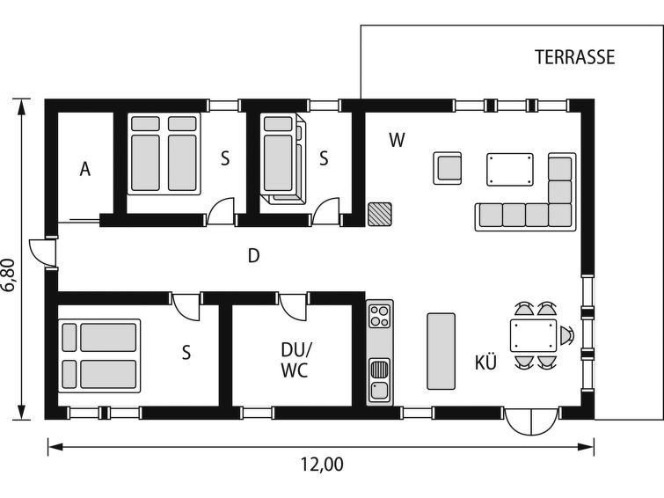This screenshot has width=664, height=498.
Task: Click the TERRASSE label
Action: click(574, 57)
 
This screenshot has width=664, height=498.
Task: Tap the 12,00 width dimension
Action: click(322, 465)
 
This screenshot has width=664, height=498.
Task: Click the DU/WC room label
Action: click(296, 360)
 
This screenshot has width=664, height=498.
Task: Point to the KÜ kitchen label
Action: click(485, 363)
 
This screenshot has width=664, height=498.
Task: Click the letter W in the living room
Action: click(397, 140)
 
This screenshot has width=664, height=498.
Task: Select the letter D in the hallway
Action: click(253, 256)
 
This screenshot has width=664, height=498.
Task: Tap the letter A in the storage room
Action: click(85, 169)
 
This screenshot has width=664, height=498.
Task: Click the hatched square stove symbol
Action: click(379, 215)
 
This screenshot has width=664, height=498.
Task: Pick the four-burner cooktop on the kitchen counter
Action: click(379, 316)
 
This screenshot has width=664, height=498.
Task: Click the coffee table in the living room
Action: click(510, 170)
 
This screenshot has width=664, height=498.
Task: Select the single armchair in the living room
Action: click(448, 168)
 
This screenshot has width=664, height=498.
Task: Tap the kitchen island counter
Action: click(441, 351)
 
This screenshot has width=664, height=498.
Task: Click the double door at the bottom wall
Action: click(531, 421)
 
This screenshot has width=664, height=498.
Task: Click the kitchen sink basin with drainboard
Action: click(379, 380)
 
